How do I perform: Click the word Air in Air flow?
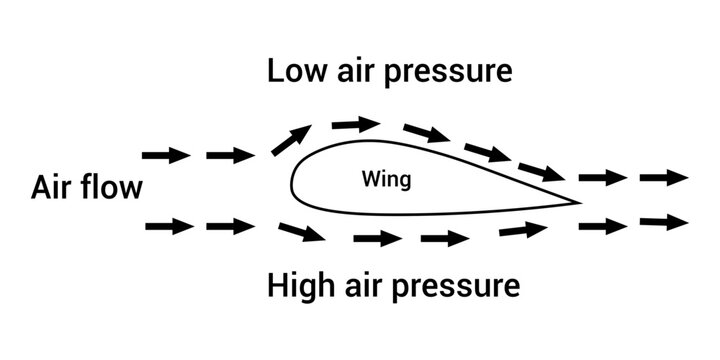[53, 187]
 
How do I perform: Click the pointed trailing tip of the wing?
[578, 202]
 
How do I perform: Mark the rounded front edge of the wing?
[293, 183]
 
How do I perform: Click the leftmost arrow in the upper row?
[166, 155]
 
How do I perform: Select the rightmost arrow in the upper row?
[663, 178]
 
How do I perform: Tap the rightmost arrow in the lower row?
[663, 222]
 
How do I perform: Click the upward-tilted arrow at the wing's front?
[290, 141]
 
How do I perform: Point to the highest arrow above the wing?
[356, 124]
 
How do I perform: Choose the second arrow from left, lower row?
[230, 227]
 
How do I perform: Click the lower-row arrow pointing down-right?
[301, 234]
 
